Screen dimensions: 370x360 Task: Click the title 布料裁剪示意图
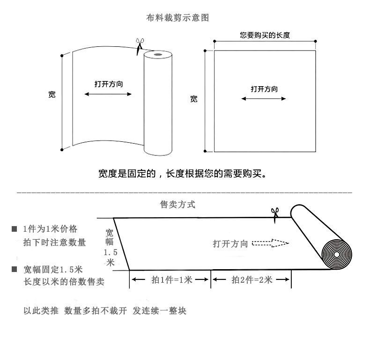[x=178, y=18]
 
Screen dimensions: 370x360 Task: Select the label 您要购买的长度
[x=266, y=35]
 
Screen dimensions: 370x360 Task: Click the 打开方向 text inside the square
[x=264, y=89]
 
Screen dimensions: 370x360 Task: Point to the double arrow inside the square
[x=264, y=99]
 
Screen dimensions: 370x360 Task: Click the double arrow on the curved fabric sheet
[x=108, y=94]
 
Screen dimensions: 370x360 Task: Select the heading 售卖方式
[x=178, y=205]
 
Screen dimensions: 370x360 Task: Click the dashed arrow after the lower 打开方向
[x=270, y=243]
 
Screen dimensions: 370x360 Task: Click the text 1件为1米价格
[x=50, y=229]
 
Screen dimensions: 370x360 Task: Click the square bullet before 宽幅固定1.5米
[x=15, y=270]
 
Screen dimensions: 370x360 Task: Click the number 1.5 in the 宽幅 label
[x=110, y=253]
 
